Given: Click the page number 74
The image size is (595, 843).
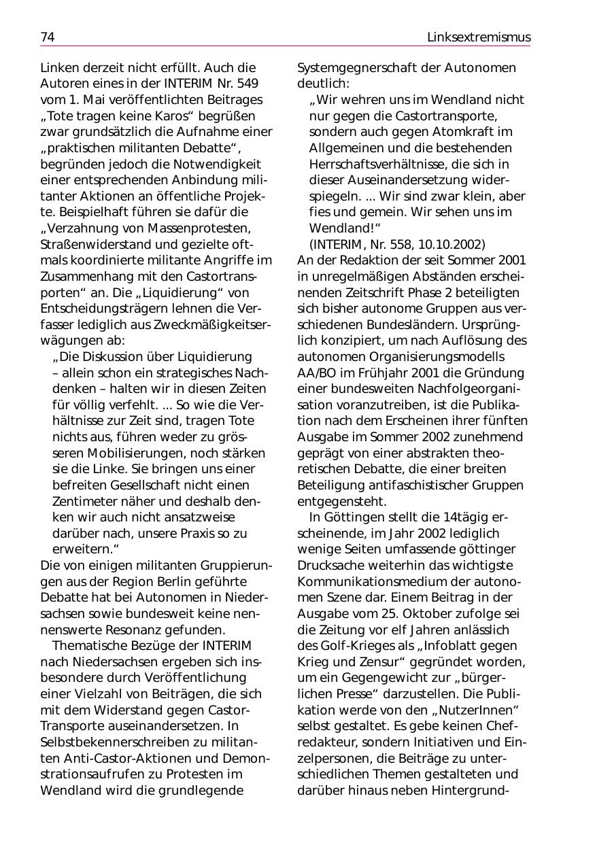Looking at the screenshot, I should (47, 37).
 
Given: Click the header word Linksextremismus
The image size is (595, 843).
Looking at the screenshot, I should (478, 37).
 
